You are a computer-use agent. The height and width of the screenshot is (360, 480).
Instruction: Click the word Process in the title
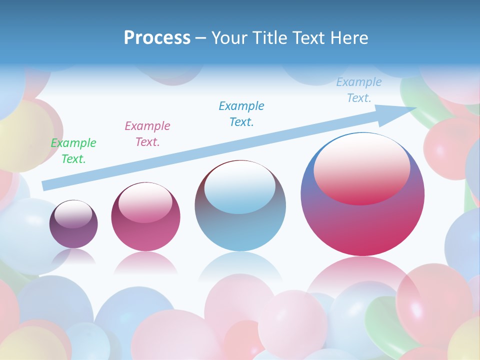157,38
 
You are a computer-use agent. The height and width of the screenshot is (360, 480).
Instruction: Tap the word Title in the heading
269,38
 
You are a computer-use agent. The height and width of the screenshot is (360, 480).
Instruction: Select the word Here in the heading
349,38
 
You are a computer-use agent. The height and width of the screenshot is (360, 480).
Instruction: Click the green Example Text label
73,151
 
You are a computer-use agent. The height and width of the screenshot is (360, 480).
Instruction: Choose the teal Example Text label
241,113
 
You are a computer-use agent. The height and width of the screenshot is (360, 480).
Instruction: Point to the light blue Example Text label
359,90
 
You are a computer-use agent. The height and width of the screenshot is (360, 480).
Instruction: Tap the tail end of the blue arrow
46,185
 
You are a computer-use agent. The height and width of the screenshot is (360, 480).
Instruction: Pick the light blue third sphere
240,230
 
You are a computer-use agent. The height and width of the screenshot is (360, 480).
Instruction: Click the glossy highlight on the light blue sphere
239,187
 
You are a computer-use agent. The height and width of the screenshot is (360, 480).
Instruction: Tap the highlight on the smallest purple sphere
73,214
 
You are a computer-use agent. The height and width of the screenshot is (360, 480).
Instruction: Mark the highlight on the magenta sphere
145,203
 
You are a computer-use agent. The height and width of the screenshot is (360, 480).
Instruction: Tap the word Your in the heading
228,38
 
